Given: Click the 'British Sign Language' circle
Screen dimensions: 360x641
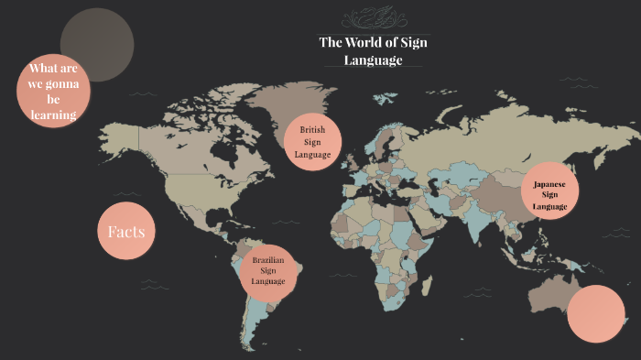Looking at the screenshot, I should [x=312, y=143].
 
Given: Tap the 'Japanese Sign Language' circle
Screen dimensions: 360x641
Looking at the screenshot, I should [x=549, y=195].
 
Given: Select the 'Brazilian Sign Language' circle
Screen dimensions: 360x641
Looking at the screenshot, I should [x=268, y=270].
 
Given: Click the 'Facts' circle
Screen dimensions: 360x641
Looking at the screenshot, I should [x=126, y=232].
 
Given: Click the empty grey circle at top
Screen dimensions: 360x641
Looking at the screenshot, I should [x=97, y=44].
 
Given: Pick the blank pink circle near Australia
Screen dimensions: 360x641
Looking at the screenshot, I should [x=596, y=313].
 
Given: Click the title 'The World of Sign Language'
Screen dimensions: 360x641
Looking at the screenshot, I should [x=373, y=51].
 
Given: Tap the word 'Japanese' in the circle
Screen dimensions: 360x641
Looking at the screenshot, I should [x=549, y=184].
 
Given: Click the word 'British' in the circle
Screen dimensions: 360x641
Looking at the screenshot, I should [x=312, y=131].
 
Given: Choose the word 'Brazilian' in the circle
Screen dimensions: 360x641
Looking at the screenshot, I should [x=268, y=259].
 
